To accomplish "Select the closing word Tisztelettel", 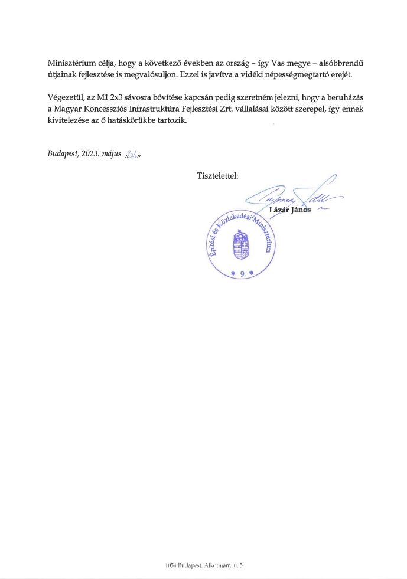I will [217, 176].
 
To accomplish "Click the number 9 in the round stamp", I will [242, 273].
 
